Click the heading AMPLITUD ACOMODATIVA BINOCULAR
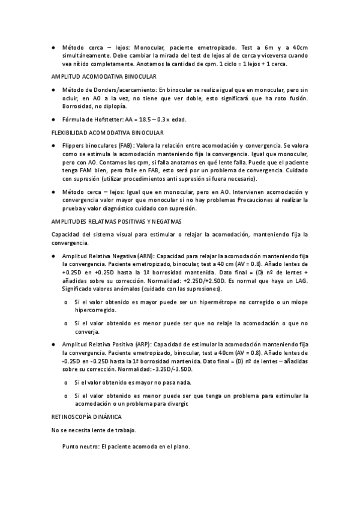(x=104, y=77)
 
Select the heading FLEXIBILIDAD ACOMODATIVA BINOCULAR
(x=108, y=132)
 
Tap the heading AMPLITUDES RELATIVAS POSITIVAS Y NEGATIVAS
(x=116, y=221)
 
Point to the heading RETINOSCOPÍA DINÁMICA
(x=86, y=416)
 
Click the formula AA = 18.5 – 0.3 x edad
(x=155, y=119)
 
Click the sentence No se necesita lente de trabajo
(x=94, y=430)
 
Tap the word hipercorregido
(x=95, y=310)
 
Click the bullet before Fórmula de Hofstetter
(x=54, y=119)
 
